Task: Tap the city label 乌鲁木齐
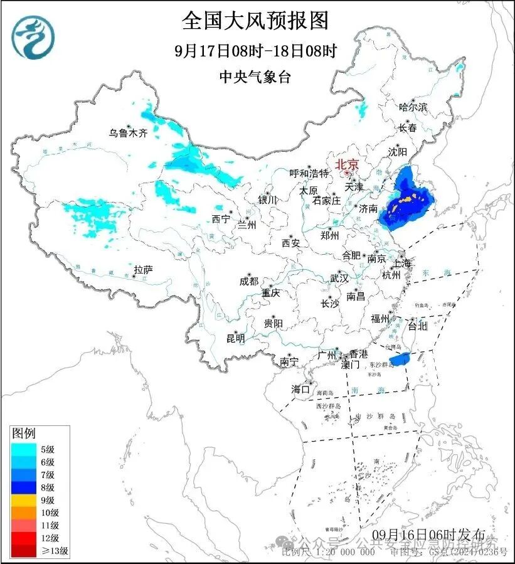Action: [x=127, y=133]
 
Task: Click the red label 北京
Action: [x=347, y=164]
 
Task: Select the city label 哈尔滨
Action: [x=413, y=107]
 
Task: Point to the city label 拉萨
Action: [x=143, y=270]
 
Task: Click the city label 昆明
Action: [x=235, y=338]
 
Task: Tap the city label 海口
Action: [x=300, y=390]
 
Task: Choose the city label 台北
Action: [x=417, y=326]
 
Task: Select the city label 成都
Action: [x=248, y=282]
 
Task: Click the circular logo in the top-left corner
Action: [x=34, y=37]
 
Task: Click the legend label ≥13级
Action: [x=56, y=551]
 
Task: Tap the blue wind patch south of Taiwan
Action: [x=399, y=359]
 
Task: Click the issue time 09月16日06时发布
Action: [x=428, y=535]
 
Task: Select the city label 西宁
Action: [x=220, y=219]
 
